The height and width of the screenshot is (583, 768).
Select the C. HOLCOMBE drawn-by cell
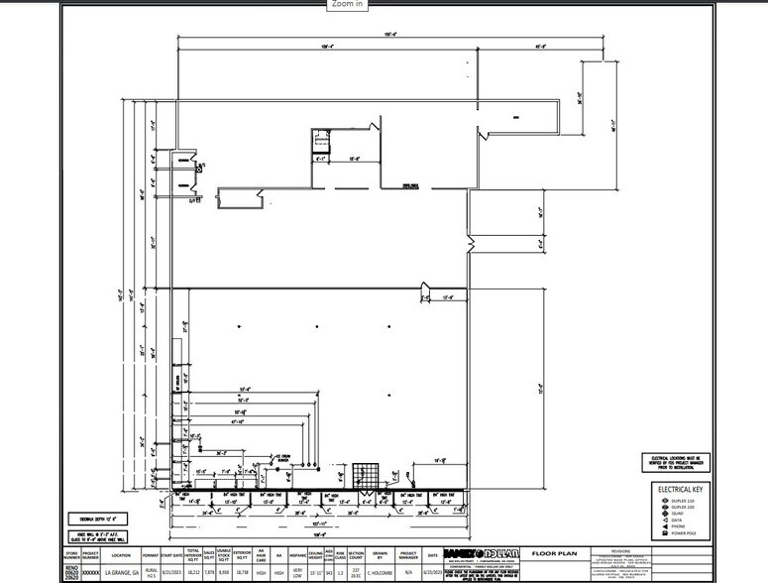pyautogui.click(x=380, y=572)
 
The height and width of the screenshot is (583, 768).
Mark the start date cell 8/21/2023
pyautogui.click(x=172, y=572)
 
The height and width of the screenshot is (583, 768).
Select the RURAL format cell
pyautogui.click(x=151, y=572)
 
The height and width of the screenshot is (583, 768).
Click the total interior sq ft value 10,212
pyautogui.click(x=193, y=572)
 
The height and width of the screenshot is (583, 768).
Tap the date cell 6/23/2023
pyautogui.click(x=433, y=572)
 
